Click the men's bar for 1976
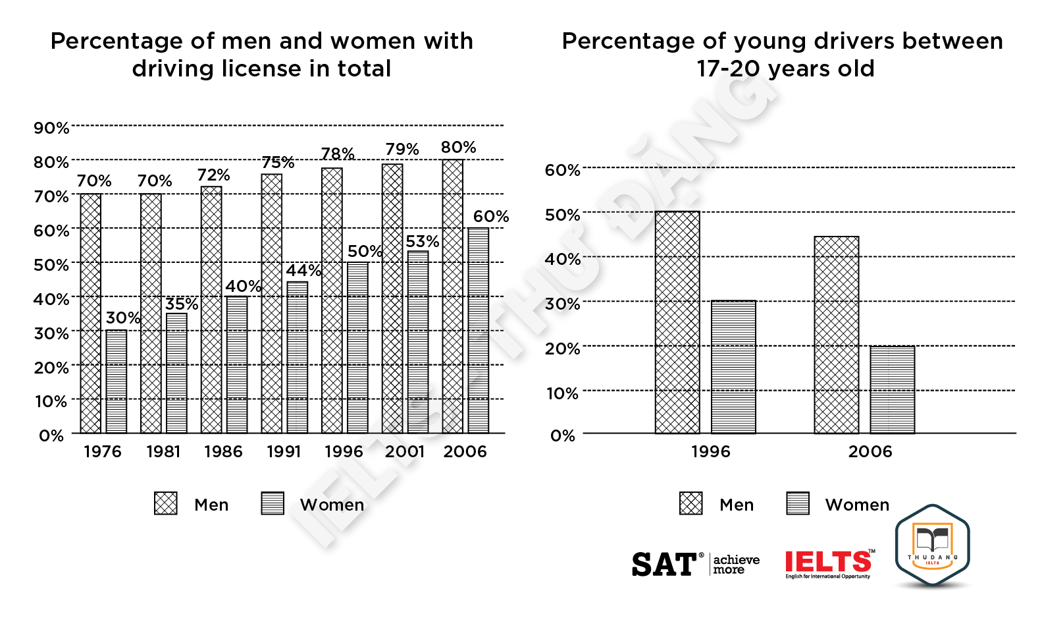(x=91, y=313)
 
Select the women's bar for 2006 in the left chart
(x=479, y=330)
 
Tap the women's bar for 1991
(x=297, y=357)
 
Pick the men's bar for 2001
(x=392, y=298)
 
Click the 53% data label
(x=422, y=242)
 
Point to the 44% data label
(x=303, y=271)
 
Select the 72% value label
(x=214, y=175)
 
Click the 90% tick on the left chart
(x=51, y=128)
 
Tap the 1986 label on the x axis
(x=223, y=452)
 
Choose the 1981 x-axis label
(x=163, y=452)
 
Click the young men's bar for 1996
(x=677, y=322)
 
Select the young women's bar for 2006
(x=892, y=389)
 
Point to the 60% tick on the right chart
(x=562, y=171)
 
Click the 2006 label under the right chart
(x=870, y=452)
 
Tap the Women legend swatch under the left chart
(x=273, y=503)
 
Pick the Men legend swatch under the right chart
(x=691, y=503)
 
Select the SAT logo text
(x=664, y=565)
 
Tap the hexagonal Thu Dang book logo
(x=933, y=545)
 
